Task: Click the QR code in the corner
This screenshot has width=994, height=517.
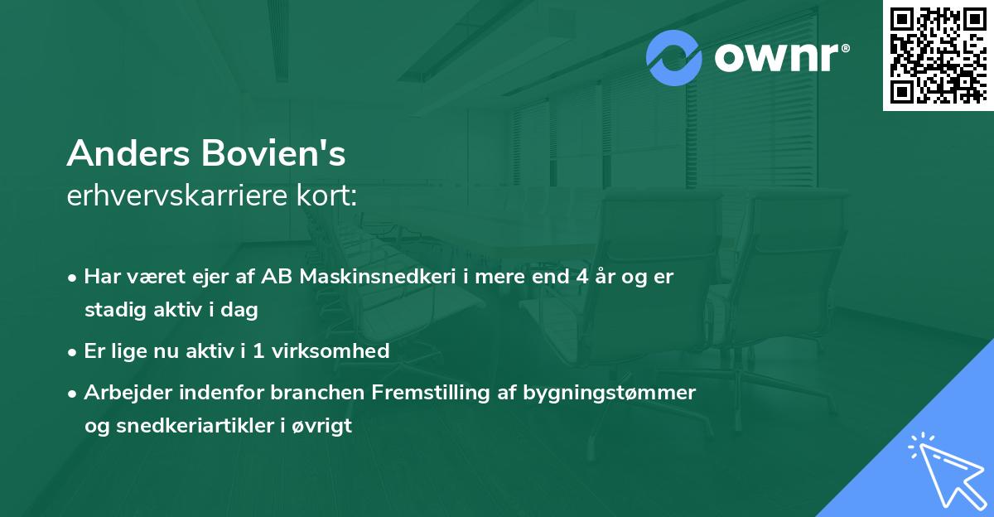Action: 939,55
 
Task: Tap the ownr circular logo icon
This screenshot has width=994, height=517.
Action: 674,57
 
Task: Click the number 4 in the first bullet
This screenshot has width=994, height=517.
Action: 583,277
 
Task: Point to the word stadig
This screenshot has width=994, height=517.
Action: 110,311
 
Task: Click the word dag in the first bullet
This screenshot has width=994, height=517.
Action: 240,311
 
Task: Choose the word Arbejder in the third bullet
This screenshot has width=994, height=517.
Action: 119,393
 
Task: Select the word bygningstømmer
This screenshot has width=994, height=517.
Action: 609,393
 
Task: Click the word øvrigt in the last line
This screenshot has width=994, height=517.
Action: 324,427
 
